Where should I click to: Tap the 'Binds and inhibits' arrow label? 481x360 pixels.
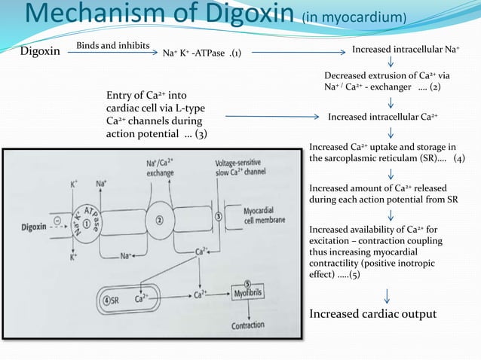click(x=112, y=46)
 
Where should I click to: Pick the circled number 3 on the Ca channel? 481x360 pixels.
click(x=219, y=216)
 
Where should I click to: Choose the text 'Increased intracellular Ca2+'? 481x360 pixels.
click(x=382, y=117)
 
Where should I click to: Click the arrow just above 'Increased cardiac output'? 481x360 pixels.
click(x=388, y=294)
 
